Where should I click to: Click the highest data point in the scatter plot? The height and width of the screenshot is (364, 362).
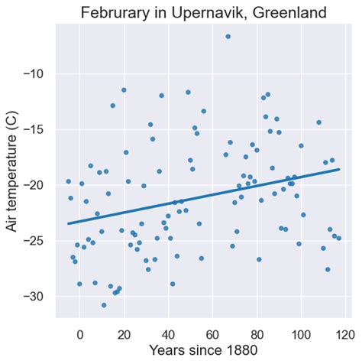(x=228, y=36)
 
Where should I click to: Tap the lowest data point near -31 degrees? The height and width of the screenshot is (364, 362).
(x=104, y=305)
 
